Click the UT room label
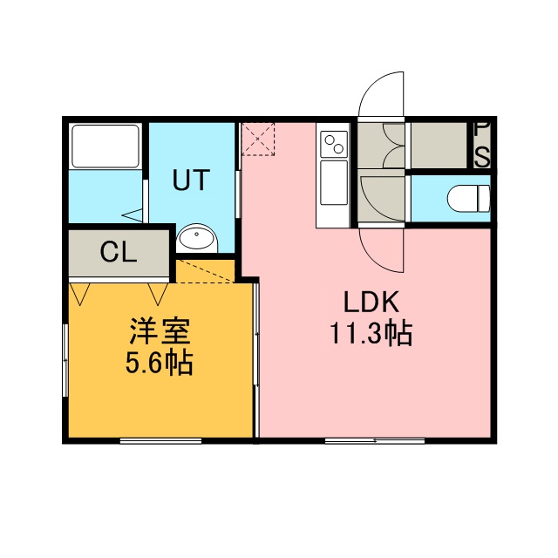191,180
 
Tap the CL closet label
119,252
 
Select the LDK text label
371,302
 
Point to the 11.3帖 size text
371,333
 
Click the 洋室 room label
160,331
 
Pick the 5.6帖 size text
159,363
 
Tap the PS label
482,145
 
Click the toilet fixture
469,199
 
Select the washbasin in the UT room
197,238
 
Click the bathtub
105,146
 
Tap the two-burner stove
334,144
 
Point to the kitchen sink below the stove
334,182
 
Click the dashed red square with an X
258,139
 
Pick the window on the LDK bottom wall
375,441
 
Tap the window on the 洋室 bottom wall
160,441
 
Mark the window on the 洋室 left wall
65,360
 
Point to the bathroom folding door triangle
133,215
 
